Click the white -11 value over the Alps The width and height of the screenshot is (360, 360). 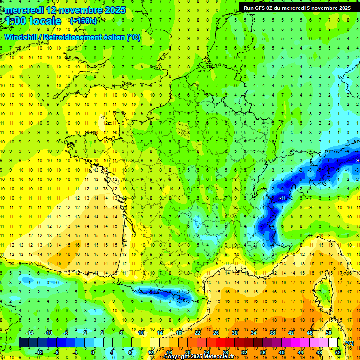[x=283, y=199]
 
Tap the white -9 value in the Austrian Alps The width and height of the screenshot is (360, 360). [x=357, y=161]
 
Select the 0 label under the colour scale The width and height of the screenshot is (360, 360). [x=93, y=352]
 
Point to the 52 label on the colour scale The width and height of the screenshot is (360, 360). [x=337, y=352]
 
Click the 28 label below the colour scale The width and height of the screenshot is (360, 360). [x=225, y=352]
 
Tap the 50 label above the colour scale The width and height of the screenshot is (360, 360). [x=329, y=333]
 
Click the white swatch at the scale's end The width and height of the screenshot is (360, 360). [x=333, y=343]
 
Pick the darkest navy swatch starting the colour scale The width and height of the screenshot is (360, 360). [x=23, y=343]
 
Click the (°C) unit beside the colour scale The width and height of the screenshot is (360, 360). [x=349, y=343]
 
